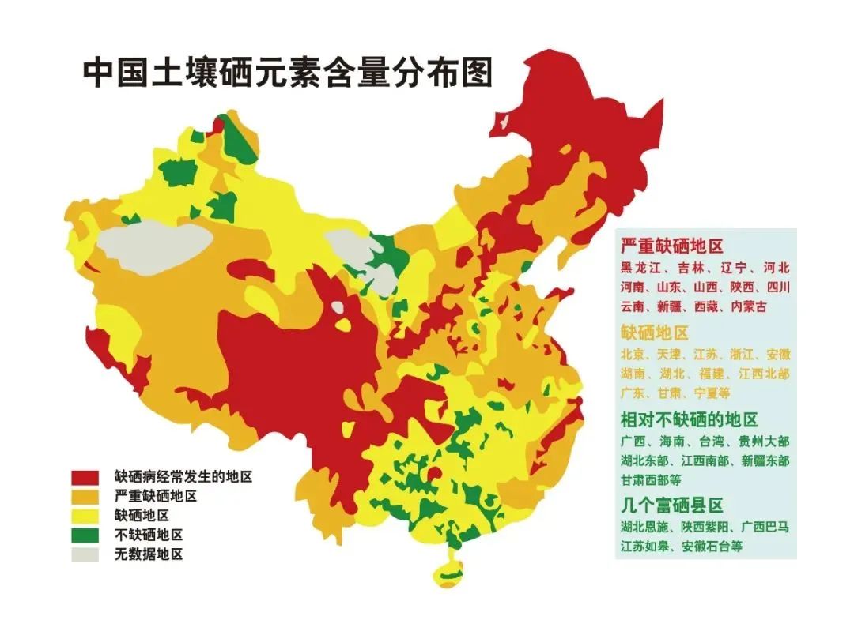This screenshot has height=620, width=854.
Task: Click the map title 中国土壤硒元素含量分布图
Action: [x=288, y=73]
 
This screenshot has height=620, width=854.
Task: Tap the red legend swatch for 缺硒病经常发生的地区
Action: [x=85, y=477]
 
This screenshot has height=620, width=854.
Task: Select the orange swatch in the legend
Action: [x=85, y=497]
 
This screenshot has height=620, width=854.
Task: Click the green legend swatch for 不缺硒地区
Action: [x=85, y=535]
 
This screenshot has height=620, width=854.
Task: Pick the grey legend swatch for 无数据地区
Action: [x=85, y=554]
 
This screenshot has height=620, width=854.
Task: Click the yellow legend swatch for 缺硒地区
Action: [x=85, y=517]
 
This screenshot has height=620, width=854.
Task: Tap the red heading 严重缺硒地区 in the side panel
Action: [x=671, y=246]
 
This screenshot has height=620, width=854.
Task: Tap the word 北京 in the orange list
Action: [x=633, y=354]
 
